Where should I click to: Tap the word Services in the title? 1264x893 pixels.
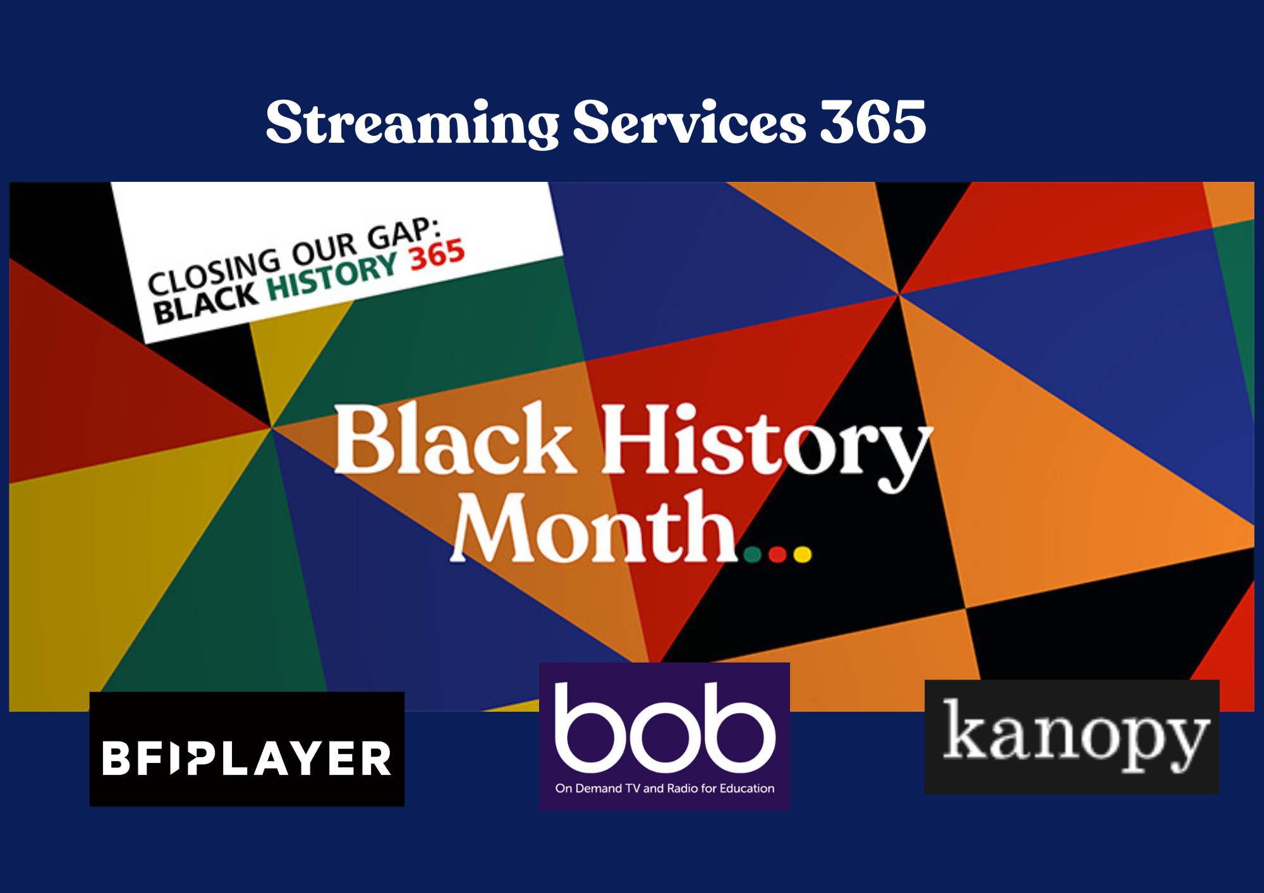[689, 123]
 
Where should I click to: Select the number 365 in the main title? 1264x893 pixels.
[872, 123]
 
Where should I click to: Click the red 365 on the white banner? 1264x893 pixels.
[437, 256]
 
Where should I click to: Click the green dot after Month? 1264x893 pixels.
[752, 554]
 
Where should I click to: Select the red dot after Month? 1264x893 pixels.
[777, 554]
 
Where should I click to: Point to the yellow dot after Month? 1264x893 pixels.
[802, 554]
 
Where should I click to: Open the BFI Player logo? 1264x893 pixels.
[246, 749]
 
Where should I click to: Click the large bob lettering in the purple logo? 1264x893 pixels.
[664, 726]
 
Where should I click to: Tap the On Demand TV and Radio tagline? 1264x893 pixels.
[664, 788]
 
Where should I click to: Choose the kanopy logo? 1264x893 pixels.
[1072, 736]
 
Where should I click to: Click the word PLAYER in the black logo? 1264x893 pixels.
[291, 758]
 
